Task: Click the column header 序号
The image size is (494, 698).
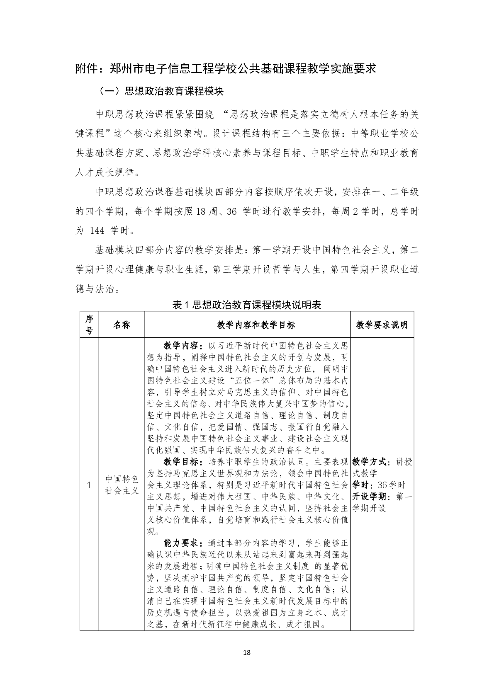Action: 89,325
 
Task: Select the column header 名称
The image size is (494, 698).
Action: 122,325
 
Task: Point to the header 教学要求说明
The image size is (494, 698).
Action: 382,325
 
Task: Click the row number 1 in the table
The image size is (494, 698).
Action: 89,485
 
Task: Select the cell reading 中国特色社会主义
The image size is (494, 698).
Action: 122,485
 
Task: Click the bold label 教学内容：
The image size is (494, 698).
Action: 183,345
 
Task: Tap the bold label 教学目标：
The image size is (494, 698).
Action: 183,462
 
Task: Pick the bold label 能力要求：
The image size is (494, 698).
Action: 183,543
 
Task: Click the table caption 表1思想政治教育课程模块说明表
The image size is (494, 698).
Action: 247,305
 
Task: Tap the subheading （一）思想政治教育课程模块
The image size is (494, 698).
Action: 162,91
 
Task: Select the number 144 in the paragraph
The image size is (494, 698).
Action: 97,230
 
